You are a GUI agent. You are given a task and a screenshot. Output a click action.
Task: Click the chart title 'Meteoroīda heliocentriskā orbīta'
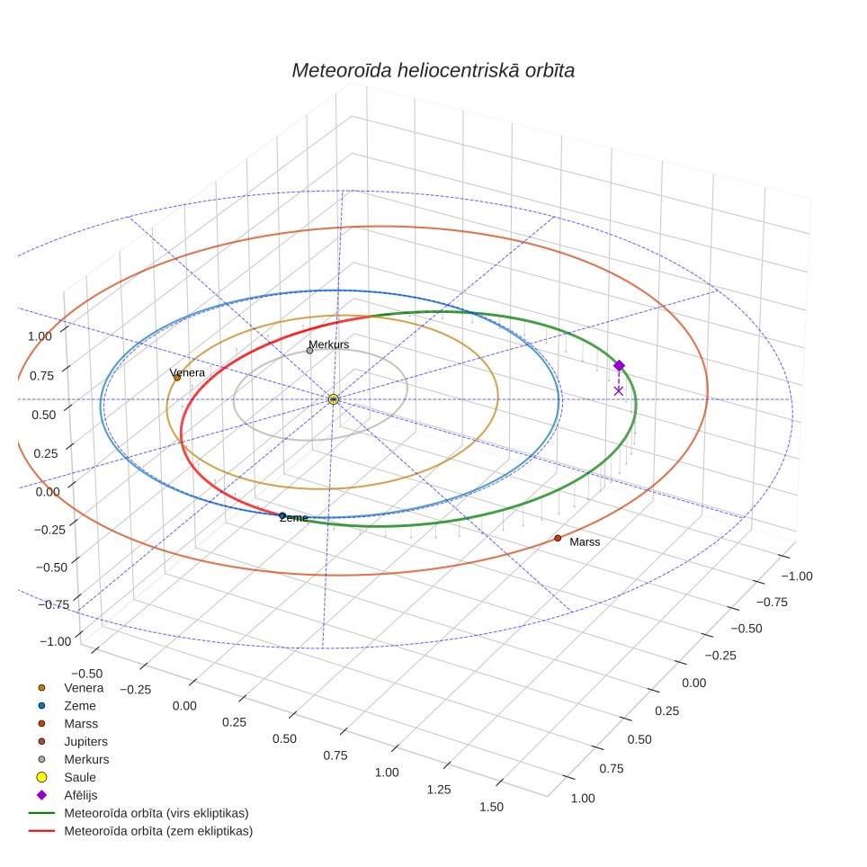click(x=433, y=71)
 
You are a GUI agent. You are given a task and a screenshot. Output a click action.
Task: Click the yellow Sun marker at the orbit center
click(x=334, y=399)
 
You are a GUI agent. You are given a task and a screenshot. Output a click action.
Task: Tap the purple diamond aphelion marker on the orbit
click(x=620, y=365)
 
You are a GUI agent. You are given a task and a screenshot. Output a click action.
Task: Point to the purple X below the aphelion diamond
click(x=619, y=391)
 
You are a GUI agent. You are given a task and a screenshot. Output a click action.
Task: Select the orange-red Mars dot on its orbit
click(x=558, y=538)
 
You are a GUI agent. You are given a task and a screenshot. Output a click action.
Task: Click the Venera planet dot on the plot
click(x=177, y=378)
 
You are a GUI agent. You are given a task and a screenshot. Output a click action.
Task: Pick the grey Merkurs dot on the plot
click(x=309, y=351)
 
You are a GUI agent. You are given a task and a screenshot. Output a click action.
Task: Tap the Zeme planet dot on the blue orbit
click(x=282, y=516)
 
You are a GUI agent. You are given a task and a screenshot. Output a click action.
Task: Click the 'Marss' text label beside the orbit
click(x=585, y=541)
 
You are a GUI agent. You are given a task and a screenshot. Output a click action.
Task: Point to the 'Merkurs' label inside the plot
click(x=329, y=344)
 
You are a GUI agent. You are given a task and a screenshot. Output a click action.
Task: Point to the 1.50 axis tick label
click(x=492, y=807)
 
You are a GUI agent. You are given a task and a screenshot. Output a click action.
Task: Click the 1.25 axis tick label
click(x=439, y=790)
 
